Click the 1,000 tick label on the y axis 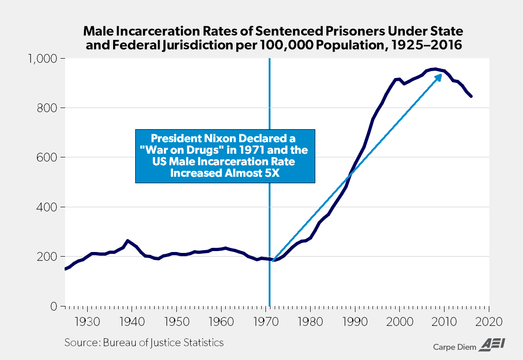pyautogui.click(x=43, y=59)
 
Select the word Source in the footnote pyautogui.click(x=79, y=342)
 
